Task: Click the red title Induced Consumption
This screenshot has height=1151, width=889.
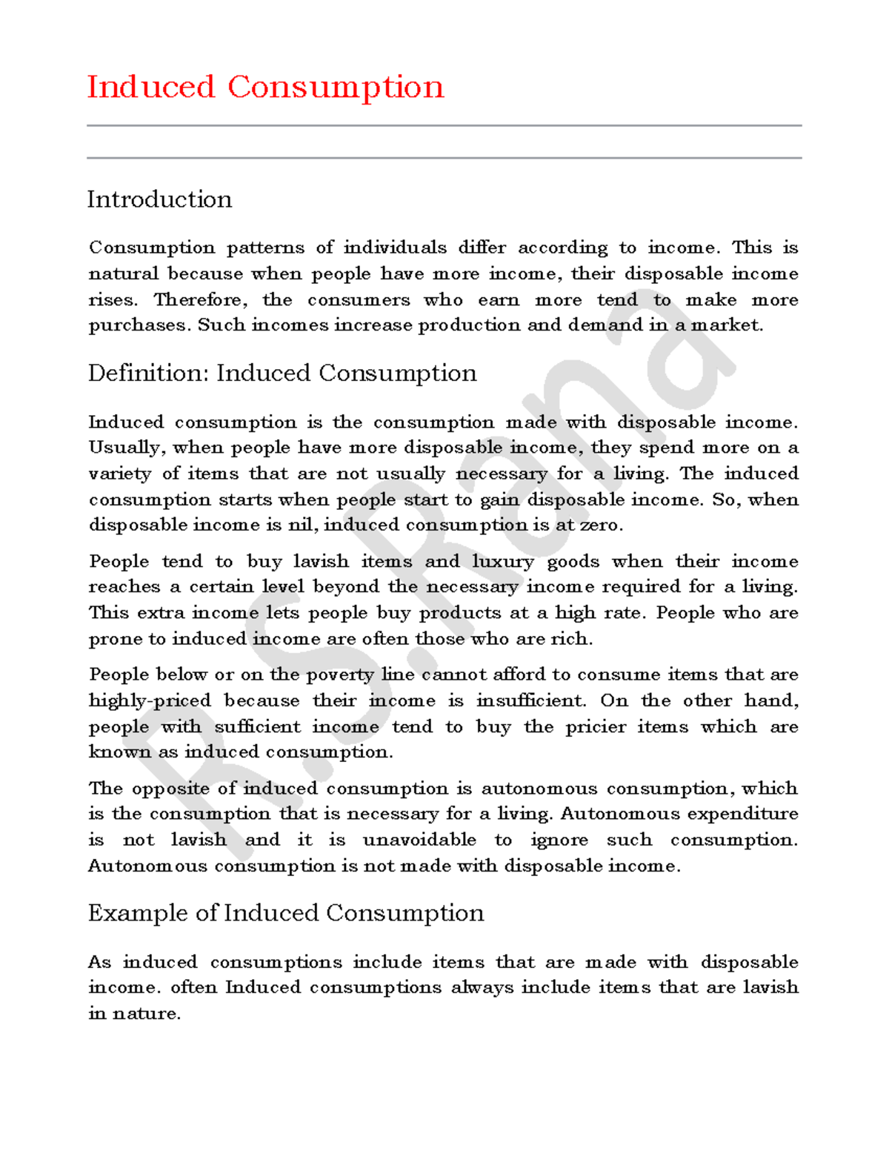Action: coord(265,87)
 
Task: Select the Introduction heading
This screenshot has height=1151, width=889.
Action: coord(159,199)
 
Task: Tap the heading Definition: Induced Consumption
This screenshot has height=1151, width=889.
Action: coord(282,373)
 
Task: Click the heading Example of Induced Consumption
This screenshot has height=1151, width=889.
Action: coord(286,913)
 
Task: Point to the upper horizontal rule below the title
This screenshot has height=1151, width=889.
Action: coord(444,126)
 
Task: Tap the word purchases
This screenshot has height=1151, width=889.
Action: coord(139,325)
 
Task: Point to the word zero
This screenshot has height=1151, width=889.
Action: coord(601,525)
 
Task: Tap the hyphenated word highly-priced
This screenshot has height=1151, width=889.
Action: coord(150,700)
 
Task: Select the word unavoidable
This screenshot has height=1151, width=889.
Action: coord(419,840)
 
